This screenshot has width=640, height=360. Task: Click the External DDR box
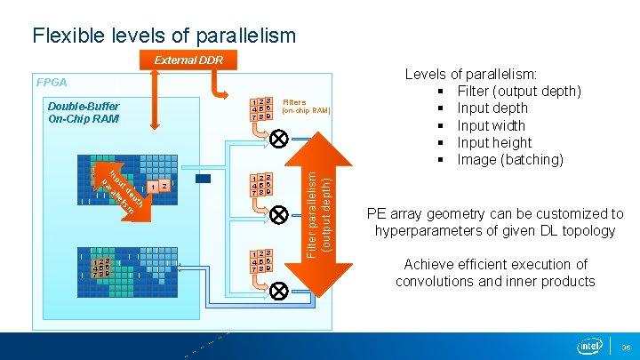pos(188,60)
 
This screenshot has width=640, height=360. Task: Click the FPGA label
pos(52,82)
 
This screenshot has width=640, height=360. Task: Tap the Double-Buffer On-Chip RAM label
pos(83,111)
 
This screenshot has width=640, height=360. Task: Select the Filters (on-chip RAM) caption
pos(306,107)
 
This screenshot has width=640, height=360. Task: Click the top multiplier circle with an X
pos(278,139)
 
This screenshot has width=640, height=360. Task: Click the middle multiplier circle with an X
pos(278,214)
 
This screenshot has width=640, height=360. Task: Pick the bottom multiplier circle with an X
pos(278,290)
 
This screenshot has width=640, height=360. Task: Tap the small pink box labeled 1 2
pos(158,187)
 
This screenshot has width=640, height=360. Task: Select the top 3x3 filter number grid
pos(261,110)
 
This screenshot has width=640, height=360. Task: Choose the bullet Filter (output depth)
pos(519,92)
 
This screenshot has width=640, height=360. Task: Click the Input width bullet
pos(492,125)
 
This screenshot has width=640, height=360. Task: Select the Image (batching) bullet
pos(509,160)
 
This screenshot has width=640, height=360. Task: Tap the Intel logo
pos(589,345)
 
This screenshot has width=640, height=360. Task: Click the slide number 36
pos(627,348)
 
